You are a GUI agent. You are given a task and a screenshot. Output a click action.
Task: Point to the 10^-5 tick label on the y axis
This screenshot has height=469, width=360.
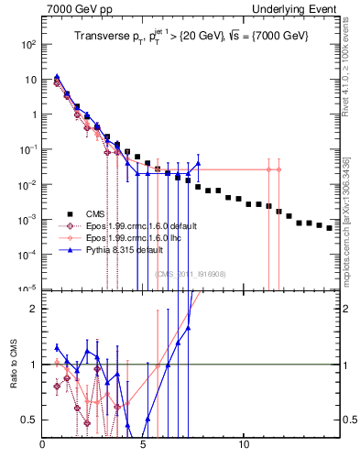pyautogui.click(x=29, y=289)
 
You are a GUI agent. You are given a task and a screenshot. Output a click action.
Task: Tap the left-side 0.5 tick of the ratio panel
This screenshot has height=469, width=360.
pyautogui.click(x=31, y=420)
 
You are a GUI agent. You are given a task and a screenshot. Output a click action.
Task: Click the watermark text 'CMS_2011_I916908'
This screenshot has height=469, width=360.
pyautogui.click(x=190, y=274)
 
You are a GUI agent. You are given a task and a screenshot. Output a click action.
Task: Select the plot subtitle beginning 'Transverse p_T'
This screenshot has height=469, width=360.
pyautogui.click(x=191, y=36)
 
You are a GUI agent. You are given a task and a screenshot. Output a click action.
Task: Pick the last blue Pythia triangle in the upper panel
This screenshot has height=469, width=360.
pyautogui.click(x=198, y=164)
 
